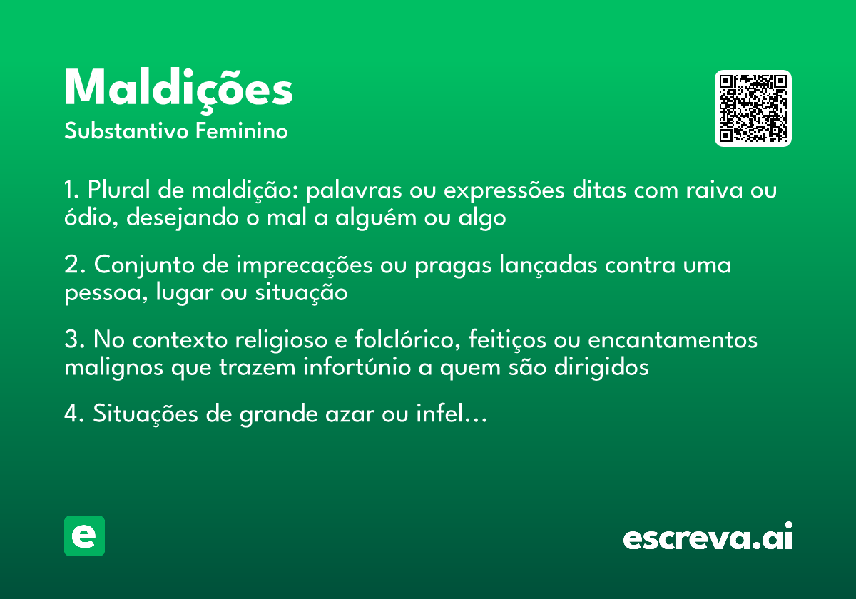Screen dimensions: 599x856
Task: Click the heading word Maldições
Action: (x=178, y=89)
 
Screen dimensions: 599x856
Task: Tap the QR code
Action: (x=753, y=108)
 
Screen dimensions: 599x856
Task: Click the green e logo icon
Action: (x=84, y=536)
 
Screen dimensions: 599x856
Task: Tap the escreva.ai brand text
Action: (x=707, y=538)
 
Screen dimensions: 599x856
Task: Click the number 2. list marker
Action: (x=74, y=265)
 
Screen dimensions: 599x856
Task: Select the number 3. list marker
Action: (x=74, y=340)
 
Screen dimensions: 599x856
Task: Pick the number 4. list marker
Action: (x=74, y=414)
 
